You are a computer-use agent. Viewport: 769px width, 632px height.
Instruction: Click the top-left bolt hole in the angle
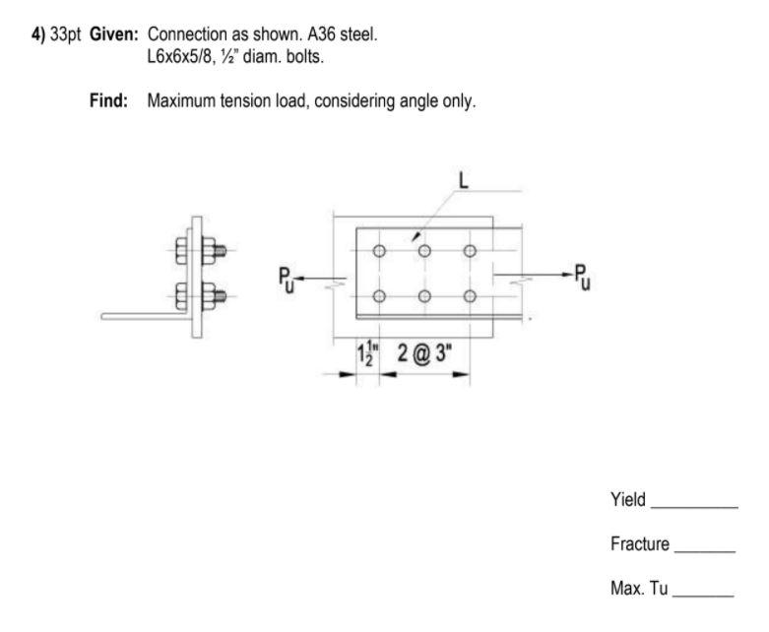(x=379, y=251)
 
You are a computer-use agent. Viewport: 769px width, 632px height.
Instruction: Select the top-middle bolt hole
(x=424, y=251)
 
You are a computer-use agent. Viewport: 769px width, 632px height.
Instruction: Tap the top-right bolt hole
(x=470, y=251)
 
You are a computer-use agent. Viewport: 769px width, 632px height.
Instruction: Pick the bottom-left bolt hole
(x=379, y=296)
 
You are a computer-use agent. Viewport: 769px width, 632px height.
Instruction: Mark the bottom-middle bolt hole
(x=424, y=296)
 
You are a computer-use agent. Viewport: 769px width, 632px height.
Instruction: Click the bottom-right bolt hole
(x=470, y=296)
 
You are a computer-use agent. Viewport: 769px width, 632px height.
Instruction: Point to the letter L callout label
(x=464, y=181)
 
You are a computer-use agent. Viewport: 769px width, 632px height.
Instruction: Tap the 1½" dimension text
(x=365, y=352)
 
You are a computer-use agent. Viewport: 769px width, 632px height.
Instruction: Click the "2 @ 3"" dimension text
(x=425, y=352)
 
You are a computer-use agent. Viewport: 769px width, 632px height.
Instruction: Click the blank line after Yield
(x=694, y=506)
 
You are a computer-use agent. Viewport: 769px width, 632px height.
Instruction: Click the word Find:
(x=109, y=100)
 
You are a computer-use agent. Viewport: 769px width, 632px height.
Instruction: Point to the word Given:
(x=114, y=33)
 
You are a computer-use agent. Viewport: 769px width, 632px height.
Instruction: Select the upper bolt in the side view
(x=196, y=250)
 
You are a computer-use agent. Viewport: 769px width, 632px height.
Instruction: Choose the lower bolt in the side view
(x=196, y=293)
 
